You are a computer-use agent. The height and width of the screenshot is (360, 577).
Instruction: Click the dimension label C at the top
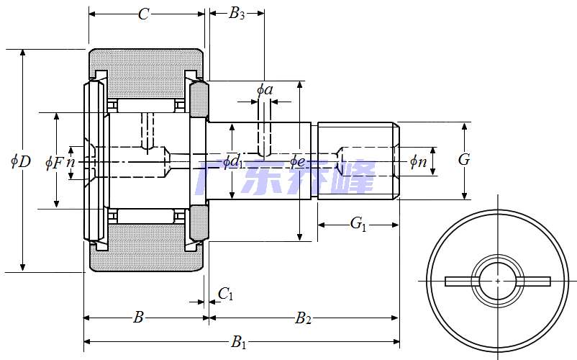tap(144, 14)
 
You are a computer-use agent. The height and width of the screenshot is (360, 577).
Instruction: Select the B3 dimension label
tap(237, 14)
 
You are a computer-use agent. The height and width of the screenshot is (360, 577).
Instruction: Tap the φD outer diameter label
tap(20, 161)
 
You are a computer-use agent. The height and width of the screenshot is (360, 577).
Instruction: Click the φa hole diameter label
tap(265, 90)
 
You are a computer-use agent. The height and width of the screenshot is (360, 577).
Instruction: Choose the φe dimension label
tap(297, 161)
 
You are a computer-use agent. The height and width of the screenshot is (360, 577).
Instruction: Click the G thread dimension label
tap(464, 160)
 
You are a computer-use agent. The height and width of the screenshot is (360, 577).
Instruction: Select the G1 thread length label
tap(358, 224)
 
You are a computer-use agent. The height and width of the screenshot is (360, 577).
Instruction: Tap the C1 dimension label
tap(225, 293)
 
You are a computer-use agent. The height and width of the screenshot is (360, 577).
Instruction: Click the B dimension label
tap(139, 317)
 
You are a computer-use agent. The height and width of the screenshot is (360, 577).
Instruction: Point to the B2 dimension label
tap(304, 318)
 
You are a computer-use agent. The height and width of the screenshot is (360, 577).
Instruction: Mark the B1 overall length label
tap(238, 343)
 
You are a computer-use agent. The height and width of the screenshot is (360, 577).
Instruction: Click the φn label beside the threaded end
tap(418, 161)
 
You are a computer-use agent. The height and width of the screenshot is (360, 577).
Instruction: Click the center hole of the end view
tap(498, 280)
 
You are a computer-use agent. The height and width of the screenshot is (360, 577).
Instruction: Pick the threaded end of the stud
tap(358, 161)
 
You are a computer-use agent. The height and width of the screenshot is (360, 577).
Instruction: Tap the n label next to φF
tap(71, 162)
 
